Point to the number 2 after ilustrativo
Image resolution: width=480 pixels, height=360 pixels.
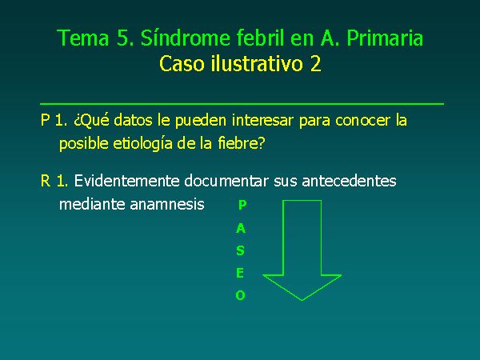[x=315, y=64]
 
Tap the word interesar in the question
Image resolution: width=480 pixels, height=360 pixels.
[x=262, y=120]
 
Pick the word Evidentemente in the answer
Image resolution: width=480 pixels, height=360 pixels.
[x=126, y=181]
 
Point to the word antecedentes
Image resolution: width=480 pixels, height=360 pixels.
[x=349, y=181]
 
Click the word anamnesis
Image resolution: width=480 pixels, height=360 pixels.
[x=167, y=204]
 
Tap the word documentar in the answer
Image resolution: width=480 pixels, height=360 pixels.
[x=226, y=181]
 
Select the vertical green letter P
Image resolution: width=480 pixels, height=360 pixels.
[x=242, y=205]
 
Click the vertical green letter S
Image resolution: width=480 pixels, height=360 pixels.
[x=240, y=250]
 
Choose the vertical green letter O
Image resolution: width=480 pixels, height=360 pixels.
[x=240, y=295]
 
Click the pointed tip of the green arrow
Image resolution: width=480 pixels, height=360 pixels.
[x=302, y=300]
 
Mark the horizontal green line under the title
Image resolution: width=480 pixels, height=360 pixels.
[x=242, y=104]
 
